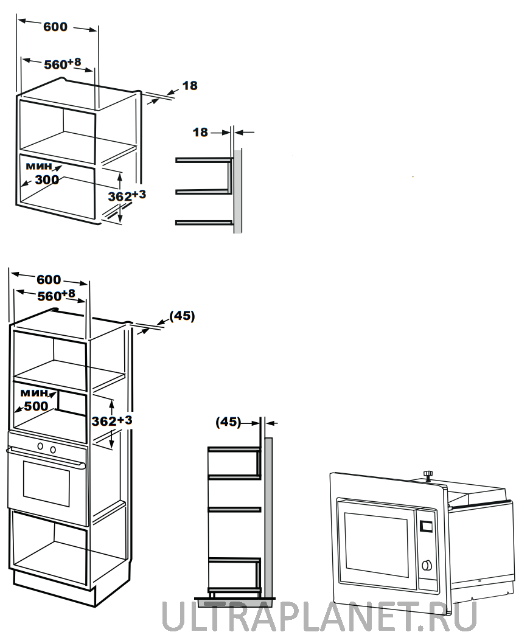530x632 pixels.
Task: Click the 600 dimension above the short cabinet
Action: coord(55,27)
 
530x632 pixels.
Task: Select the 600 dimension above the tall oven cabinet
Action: coord(49,280)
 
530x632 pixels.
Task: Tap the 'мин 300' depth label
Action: coord(42,173)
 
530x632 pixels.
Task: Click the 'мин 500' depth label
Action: coord(35,400)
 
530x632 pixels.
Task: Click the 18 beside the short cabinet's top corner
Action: coord(190,86)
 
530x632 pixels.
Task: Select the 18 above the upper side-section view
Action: coord(200,132)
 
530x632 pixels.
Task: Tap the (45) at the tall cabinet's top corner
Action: coord(181,316)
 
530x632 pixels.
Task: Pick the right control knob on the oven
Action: coord(53,450)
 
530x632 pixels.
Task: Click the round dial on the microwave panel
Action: coord(427,566)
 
